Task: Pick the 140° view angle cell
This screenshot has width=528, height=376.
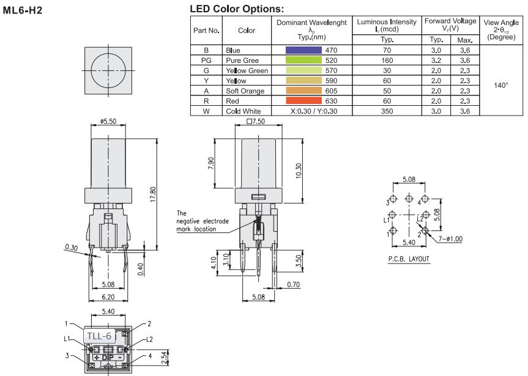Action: [500, 86]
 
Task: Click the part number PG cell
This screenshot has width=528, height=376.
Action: [205, 61]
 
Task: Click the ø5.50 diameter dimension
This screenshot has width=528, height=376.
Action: [108, 122]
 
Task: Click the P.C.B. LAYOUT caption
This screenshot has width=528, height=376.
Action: [409, 259]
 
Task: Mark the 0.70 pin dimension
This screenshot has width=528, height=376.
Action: [294, 284]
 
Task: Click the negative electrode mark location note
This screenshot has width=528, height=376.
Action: [196, 221]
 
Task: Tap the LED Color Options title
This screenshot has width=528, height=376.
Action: [237, 10]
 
